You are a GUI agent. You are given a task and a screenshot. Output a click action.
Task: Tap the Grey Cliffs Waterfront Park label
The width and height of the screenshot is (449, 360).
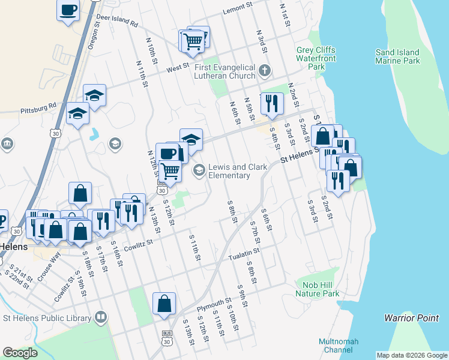pyautogui.click(x=315, y=58)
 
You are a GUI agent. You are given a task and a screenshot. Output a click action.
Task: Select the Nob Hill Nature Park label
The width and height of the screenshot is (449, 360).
pyautogui.click(x=317, y=289)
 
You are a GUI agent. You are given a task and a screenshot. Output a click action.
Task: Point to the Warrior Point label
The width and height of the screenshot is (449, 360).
pyautogui.click(x=411, y=318)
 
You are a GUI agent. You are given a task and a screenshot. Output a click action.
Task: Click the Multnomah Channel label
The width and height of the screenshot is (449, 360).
pyautogui.click(x=339, y=345)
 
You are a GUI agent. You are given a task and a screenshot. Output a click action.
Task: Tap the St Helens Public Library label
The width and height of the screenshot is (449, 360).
pyautogui.click(x=46, y=317)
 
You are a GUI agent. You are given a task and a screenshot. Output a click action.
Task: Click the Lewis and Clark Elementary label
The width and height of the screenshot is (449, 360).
pyautogui.click(x=229, y=171)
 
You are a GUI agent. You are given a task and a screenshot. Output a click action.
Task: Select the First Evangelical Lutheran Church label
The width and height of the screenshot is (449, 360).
pyautogui.click(x=225, y=72)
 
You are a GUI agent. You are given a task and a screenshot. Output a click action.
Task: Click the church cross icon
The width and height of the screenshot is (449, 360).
pyautogui.click(x=264, y=72)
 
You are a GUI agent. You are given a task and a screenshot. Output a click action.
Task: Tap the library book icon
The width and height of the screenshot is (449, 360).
pyautogui.click(x=100, y=317)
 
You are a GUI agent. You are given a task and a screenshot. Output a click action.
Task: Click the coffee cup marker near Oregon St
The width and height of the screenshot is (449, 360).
pyautogui.click(x=68, y=10)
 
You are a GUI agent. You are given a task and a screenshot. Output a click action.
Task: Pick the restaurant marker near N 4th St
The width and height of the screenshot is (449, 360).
pyautogui.click(x=272, y=104)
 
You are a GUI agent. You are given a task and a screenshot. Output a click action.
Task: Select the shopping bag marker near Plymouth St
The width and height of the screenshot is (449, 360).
pyautogui.click(x=164, y=304)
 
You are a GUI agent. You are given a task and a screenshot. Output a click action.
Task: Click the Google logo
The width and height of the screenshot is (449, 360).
pyautogui.click(x=20, y=353)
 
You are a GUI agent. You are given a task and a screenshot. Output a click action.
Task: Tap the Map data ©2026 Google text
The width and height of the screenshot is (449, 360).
pyautogui.click(x=412, y=355)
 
